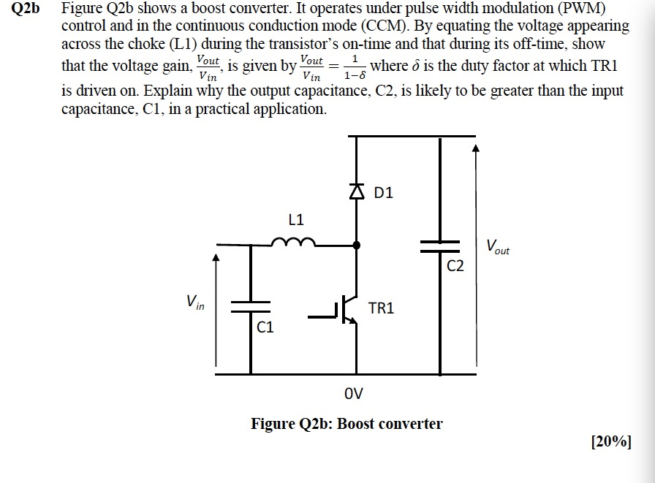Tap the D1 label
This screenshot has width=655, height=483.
coord(383,194)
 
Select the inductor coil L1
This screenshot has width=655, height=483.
coord(294,243)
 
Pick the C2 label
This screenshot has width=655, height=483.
coord(455,266)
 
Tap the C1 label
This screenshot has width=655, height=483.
coord(265,327)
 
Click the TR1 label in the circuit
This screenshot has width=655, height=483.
coord(381,308)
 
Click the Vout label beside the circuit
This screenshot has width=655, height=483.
coord(497,247)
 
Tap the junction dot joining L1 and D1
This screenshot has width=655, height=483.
coord(357,246)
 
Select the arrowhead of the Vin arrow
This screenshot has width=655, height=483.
coord(216,257)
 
